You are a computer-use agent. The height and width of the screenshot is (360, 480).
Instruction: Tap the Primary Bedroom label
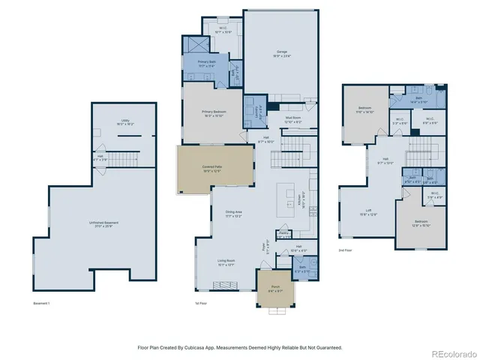(213, 113)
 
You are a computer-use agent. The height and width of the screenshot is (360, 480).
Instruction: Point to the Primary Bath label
(208, 64)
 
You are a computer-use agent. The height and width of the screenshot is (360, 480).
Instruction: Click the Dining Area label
(234, 214)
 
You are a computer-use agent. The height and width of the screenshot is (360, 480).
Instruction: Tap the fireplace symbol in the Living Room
(223, 284)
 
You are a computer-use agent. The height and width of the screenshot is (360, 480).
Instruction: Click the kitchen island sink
(288, 191)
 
